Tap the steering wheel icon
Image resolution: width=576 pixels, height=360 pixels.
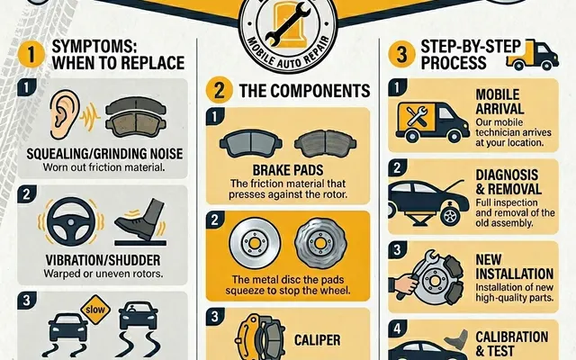pos(71,222)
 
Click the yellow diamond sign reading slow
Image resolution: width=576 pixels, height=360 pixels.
pos(95,310)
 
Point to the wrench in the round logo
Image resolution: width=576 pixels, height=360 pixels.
pos(288,24)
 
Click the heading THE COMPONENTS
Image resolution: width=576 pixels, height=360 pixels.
pos(304,91)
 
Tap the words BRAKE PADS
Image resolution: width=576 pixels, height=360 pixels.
pos(288,170)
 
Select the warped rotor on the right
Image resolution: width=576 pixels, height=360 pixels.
pos(320,243)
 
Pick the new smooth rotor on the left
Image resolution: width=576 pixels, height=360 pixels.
pos(255,243)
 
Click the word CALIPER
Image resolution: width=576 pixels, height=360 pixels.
pos(318,340)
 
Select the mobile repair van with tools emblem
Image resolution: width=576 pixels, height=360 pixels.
pos(432,122)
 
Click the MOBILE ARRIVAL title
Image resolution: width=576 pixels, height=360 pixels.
pos(499,102)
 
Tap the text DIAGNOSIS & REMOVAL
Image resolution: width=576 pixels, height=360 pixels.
pos(508,182)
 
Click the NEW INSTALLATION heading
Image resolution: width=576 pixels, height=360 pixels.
pos(514,266)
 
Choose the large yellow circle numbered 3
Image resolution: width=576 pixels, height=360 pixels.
pos(402,54)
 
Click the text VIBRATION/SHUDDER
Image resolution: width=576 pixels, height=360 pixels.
pos(103,260)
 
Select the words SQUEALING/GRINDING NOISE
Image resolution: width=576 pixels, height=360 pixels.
pos(104,154)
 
